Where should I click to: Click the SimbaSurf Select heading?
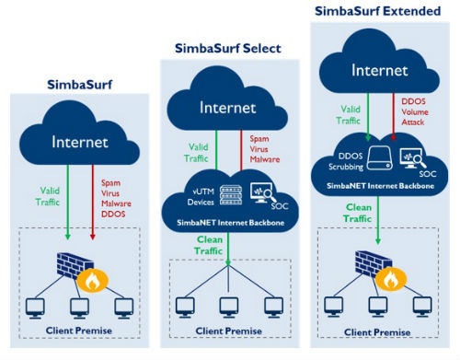coord(228,49)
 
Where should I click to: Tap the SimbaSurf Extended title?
coord(378,11)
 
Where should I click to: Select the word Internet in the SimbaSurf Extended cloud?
coord(380,70)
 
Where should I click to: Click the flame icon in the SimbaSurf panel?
coord(92,281)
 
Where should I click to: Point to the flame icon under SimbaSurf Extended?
coord(391,279)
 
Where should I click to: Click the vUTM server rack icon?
coord(231,195)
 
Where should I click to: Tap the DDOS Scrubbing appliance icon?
coord(380,157)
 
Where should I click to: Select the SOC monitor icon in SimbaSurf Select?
coord(263,193)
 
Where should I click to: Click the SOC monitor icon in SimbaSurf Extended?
coord(412,158)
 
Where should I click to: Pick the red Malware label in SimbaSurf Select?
coord(265,159)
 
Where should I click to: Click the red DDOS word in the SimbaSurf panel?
coord(113,214)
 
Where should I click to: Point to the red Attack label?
coord(413,122)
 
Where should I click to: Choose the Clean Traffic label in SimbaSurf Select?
coord(209,245)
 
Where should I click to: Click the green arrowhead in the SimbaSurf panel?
coord(68,237)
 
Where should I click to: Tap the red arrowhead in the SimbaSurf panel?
coord(93,237)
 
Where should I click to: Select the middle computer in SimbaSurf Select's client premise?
coord(229,308)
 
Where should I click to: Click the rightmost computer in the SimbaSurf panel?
coord(124,308)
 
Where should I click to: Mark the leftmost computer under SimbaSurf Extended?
coord(334,307)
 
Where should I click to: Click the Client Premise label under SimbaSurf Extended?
coord(377,332)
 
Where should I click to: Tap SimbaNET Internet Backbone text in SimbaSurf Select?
coord(231,223)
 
